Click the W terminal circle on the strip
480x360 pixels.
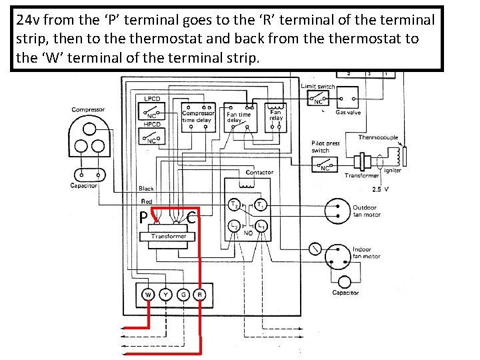point(148,294)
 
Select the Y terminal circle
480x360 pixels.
point(165,294)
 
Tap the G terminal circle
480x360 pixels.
point(182,294)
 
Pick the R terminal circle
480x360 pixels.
point(199,294)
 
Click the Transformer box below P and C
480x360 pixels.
point(169,236)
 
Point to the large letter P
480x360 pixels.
point(143,218)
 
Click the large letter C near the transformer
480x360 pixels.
point(192,217)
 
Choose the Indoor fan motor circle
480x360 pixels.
point(342,256)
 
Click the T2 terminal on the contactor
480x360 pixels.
point(235,203)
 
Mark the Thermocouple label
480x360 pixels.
point(378,137)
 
